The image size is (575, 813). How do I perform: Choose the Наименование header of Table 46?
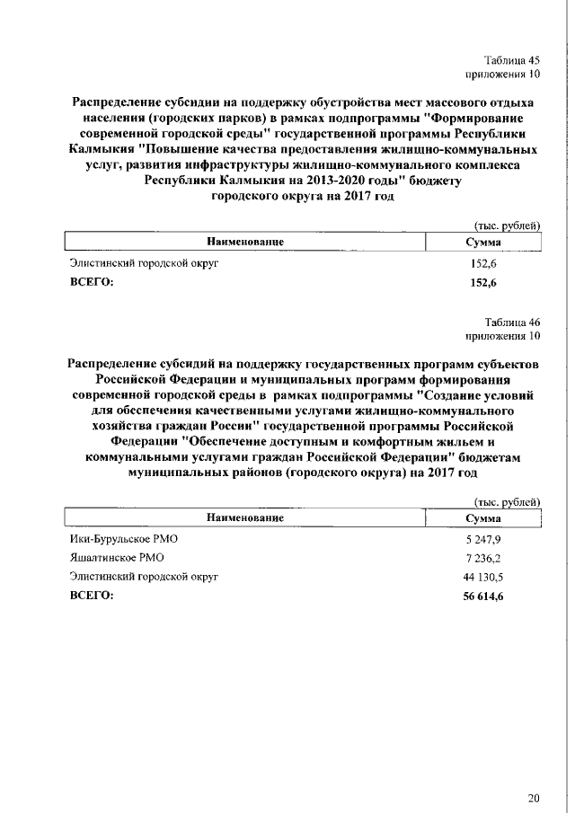tap(245, 518)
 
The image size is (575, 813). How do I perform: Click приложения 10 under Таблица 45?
tap(503, 74)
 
